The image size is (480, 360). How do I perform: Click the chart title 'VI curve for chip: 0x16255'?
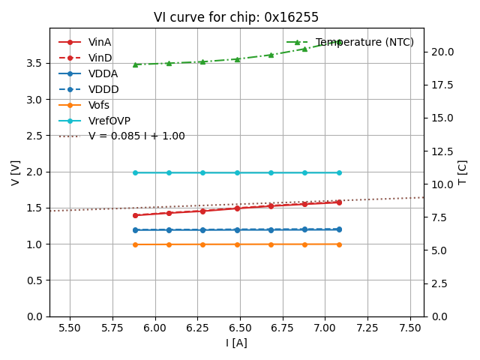(x=236, y=17)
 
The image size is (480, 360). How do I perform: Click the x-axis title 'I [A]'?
(x=236, y=343)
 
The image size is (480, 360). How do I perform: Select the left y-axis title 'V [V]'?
(x=16, y=172)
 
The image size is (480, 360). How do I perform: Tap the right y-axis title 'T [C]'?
(x=462, y=172)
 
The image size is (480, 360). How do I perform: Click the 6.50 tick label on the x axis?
(x=240, y=328)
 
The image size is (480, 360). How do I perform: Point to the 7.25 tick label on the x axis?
(x=367, y=328)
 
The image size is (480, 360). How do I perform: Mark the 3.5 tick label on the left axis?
(x=34, y=63)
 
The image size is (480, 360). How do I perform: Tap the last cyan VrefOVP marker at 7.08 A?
(x=339, y=172)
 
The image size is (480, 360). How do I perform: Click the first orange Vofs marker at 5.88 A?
(x=135, y=244)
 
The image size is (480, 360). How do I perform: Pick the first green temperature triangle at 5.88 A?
(x=135, y=64)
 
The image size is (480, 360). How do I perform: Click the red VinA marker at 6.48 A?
(x=237, y=208)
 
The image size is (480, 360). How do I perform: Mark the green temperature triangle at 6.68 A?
(x=271, y=55)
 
